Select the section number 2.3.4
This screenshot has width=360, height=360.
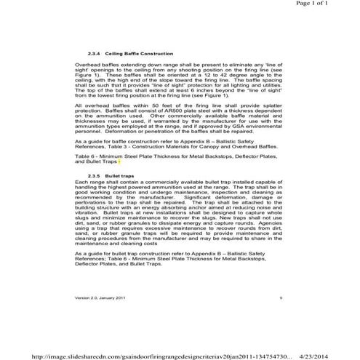[94, 55]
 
